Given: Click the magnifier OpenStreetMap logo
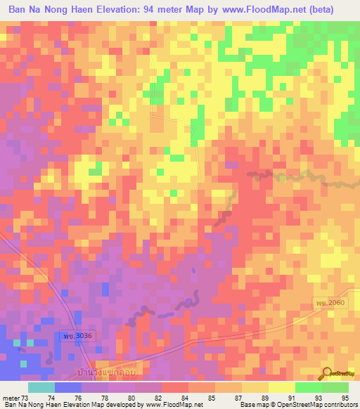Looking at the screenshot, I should tap(328, 374).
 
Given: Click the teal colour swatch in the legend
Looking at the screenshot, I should tap(41, 388).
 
